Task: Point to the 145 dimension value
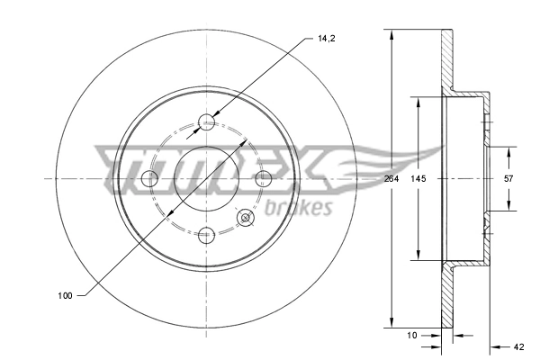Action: (x=418, y=178)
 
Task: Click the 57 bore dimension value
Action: (x=508, y=178)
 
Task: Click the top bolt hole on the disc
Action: (x=207, y=121)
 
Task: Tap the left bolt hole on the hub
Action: (x=150, y=179)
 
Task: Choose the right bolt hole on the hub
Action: (x=264, y=179)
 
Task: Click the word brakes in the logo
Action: (x=299, y=209)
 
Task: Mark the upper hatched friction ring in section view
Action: (x=445, y=63)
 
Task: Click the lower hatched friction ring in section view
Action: (x=445, y=297)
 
